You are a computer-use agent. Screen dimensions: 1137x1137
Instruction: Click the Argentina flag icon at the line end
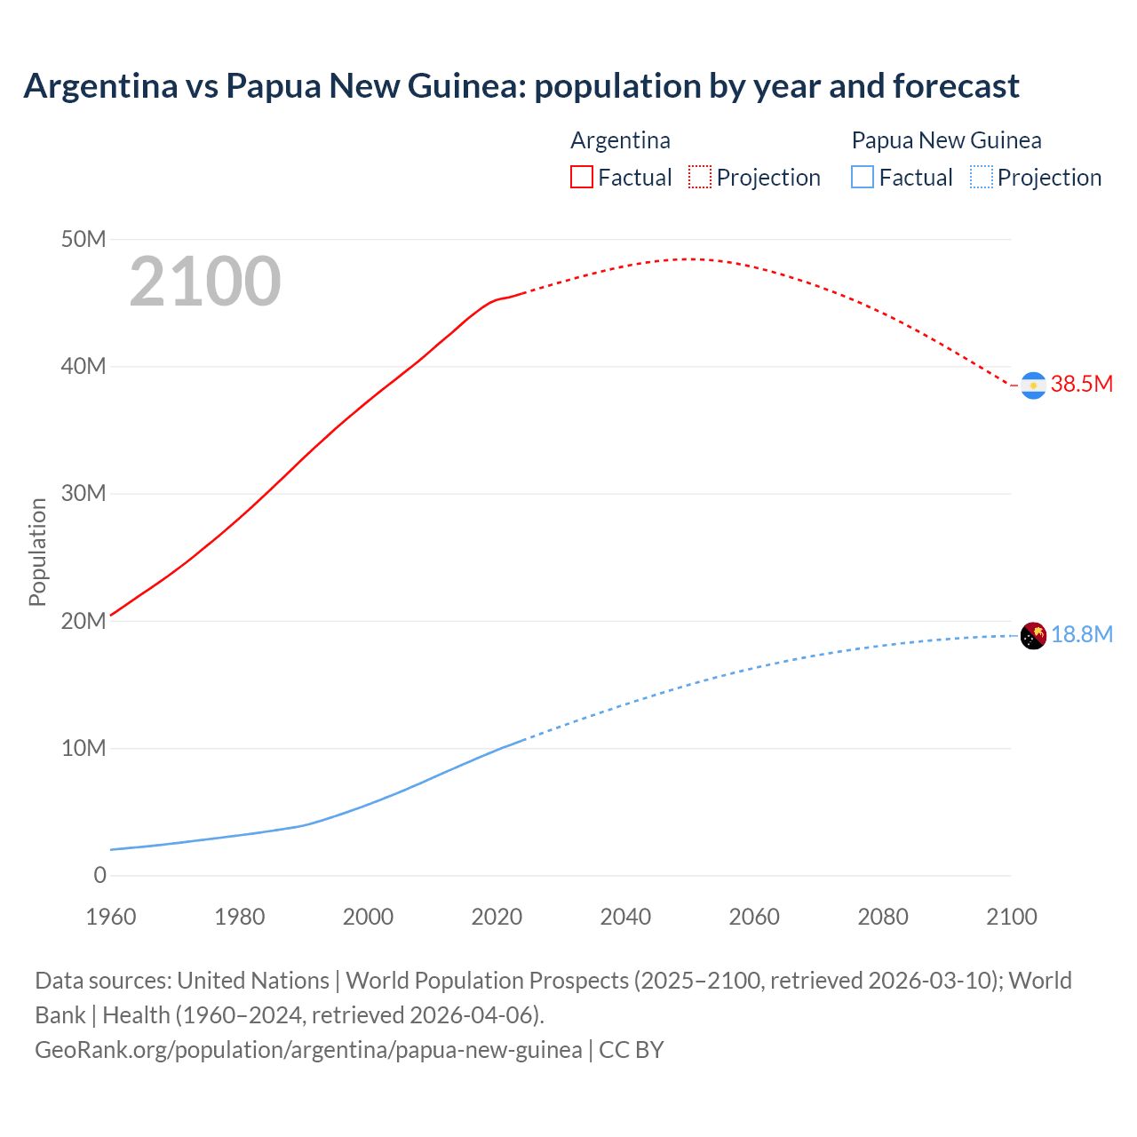(1033, 386)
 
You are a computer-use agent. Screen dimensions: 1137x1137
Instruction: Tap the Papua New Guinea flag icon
(1033, 636)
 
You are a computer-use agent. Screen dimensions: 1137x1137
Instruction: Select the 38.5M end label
(1081, 385)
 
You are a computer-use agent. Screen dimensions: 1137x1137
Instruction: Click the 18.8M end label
(1081, 635)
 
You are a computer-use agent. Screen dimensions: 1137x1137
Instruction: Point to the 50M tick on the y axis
(83, 240)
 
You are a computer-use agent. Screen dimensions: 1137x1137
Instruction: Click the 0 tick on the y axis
(99, 876)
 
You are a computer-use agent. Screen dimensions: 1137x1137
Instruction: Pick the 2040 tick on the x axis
(625, 917)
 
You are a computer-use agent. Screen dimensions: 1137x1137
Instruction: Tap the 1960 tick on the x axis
(111, 917)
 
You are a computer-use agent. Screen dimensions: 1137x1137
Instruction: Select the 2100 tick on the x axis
(1011, 917)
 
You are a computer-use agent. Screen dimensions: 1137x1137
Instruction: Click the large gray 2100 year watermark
(205, 282)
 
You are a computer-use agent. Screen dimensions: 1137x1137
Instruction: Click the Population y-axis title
(37, 552)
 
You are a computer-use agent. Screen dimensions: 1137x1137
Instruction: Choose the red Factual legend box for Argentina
(581, 177)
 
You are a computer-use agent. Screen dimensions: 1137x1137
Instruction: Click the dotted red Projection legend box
(700, 177)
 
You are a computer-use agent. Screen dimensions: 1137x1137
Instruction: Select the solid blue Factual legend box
(863, 177)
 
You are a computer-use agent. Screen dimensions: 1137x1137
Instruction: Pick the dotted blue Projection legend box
(982, 177)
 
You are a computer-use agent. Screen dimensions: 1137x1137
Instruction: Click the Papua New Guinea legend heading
(946, 140)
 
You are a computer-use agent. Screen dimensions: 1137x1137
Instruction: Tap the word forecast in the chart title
(956, 86)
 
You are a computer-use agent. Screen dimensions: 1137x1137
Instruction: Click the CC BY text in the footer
(631, 1050)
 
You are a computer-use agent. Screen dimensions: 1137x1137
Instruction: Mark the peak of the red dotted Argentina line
(688, 259)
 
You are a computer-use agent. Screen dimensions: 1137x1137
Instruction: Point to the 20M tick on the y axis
(83, 621)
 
